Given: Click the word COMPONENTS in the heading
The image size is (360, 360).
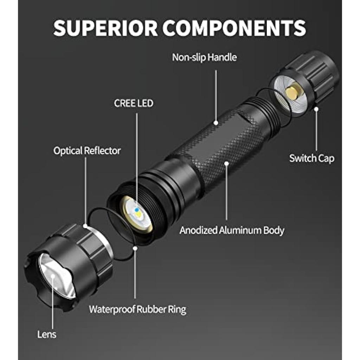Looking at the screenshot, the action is [x=234, y=28].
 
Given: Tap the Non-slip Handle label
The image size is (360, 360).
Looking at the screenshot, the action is [x=204, y=57].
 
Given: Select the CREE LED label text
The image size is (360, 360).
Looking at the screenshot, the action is [x=134, y=103].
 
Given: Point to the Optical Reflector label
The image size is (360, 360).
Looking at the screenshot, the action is [x=87, y=150].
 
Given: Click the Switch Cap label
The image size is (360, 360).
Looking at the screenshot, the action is [x=311, y=159].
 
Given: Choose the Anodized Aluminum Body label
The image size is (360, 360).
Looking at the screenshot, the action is [x=232, y=230].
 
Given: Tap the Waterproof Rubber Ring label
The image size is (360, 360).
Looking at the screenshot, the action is [x=137, y=309].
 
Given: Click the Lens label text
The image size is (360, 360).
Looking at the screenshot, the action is [x=47, y=334].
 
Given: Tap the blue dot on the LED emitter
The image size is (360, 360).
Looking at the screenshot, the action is [x=137, y=210].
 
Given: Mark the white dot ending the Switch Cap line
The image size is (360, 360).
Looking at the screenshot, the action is [x=316, y=109].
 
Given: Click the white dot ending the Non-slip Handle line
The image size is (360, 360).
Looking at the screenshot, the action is [x=216, y=123].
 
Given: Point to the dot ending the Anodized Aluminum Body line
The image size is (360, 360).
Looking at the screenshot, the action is [x=227, y=163].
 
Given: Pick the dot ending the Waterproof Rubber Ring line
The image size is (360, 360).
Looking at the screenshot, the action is [x=135, y=248].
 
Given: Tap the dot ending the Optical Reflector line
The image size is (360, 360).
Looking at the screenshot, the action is [x=85, y=226].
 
